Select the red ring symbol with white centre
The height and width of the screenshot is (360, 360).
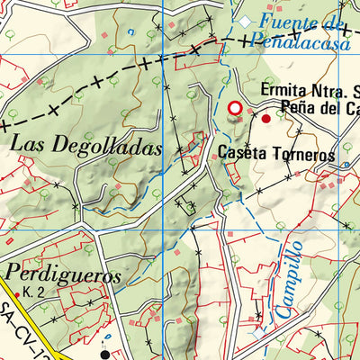click(236, 109)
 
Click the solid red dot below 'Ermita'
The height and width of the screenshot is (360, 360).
click(265, 118)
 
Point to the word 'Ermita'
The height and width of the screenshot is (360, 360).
click(284, 90)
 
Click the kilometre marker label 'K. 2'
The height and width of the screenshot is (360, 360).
click(34, 293)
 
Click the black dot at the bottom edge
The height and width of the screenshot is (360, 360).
click(105, 355)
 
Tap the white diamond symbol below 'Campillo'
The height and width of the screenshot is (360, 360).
click(260, 331)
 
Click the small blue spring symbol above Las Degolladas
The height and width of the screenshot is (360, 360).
click(132, 32)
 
